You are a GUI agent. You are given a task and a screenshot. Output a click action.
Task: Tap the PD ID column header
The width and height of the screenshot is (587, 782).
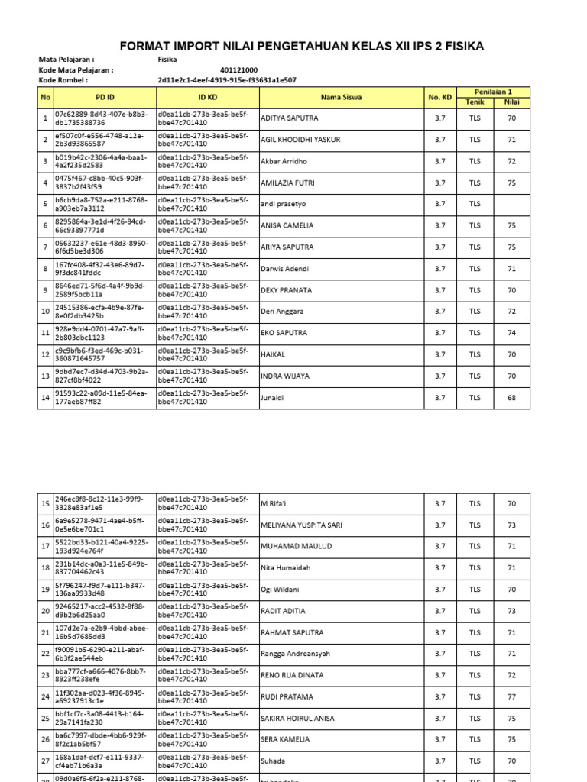click(x=105, y=97)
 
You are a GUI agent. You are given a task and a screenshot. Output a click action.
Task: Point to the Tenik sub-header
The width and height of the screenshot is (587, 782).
click(x=475, y=102)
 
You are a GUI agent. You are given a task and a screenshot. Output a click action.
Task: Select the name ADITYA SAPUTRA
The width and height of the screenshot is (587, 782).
click(x=290, y=118)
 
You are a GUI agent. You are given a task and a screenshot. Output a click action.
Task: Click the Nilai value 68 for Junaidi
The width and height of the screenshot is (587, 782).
click(x=511, y=397)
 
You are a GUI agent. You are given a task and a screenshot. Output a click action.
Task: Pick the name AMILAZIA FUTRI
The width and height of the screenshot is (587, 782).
click(x=288, y=183)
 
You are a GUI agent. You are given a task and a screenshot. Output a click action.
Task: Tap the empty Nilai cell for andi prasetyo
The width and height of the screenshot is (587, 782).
click(x=511, y=204)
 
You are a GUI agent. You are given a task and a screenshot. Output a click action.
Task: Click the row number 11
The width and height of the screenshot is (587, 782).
click(x=46, y=333)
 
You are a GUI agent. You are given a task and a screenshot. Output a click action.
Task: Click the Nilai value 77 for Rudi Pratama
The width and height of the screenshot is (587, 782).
click(x=511, y=696)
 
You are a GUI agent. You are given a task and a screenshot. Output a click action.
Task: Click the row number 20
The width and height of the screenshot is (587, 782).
click(x=46, y=611)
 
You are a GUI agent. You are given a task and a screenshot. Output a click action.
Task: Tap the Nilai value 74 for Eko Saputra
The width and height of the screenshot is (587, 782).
click(x=511, y=333)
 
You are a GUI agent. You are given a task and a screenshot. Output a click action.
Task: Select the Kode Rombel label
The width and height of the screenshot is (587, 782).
click(x=63, y=79)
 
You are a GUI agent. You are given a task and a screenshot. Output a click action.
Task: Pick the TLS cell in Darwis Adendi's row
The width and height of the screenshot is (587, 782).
click(x=475, y=269)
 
